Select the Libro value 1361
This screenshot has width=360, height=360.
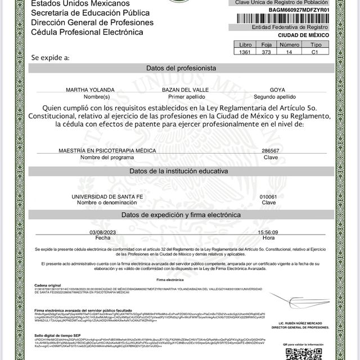[246, 52]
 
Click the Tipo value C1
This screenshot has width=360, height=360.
[316, 52]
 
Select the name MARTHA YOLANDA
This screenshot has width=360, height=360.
[90, 90]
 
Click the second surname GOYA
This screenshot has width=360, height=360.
[277, 90]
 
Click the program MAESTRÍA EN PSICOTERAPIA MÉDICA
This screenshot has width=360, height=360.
[107, 151]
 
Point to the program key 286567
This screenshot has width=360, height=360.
[270, 151]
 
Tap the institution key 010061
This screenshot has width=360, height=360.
[268, 196]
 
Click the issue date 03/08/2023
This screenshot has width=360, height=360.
[102, 232]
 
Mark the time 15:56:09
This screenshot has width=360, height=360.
[268, 232]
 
